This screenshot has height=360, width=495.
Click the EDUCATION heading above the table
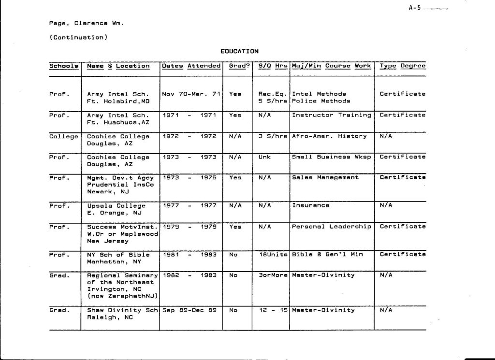pos(240,51)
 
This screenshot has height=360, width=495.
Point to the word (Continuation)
pos(78,37)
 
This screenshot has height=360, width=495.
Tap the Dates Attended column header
pos(191,66)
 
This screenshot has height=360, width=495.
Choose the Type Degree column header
pos(403,66)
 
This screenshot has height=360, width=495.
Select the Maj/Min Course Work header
pos(332,66)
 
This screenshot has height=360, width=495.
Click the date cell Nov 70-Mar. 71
pos(191,94)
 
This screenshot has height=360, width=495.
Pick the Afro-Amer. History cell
pos(329,136)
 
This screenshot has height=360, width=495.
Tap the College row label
pos(64,136)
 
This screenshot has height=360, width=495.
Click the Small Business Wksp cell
pos(332,157)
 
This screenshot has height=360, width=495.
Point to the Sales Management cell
pos(325,177)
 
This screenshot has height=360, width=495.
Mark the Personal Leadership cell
pos(332,226)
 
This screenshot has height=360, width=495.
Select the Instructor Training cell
pos(332,115)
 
